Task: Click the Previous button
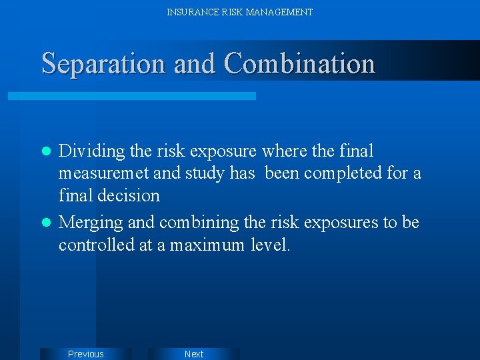point(85,354)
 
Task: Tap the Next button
point(193,354)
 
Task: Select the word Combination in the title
point(299,64)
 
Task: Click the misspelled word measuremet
point(104,174)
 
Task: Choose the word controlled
point(96,245)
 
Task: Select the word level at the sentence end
point(270,245)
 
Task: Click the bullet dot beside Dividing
point(46,152)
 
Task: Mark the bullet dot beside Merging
point(46,223)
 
